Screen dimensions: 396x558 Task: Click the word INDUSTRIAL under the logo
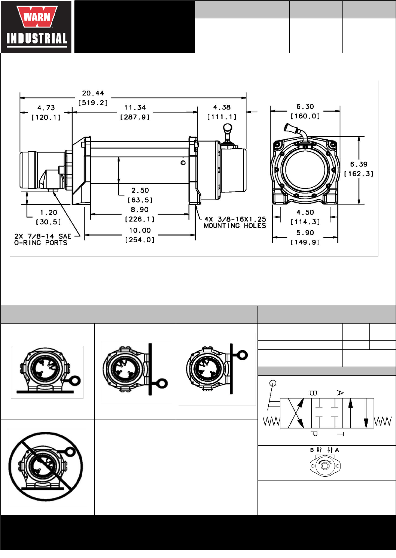[x=37, y=39]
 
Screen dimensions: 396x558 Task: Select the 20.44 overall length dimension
[x=93, y=93]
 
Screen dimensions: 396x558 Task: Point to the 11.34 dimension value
[x=135, y=107]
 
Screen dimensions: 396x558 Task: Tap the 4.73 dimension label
[x=46, y=108]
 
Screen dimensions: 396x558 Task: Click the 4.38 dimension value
[x=222, y=107]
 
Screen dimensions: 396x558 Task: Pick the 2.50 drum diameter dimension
[x=140, y=190]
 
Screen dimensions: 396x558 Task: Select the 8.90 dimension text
[x=140, y=209]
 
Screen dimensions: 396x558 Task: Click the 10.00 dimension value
[x=140, y=230]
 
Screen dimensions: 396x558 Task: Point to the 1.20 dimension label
[x=49, y=212]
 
